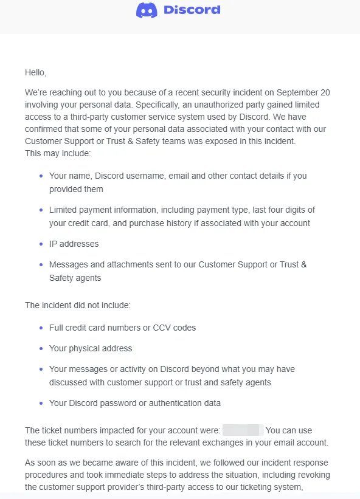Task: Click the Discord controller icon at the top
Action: pyautogui.click(x=147, y=10)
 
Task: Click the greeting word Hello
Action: pyautogui.click(x=35, y=72)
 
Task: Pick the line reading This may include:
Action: pyautogui.click(x=58, y=153)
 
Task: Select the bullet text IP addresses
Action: pyautogui.click(x=74, y=244)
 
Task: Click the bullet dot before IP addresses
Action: pyautogui.click(x=41, y=244)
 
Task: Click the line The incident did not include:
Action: pyautogui.click(x=77, y=305)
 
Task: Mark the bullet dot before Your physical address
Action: pyautogui.click(x=41, y=348)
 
